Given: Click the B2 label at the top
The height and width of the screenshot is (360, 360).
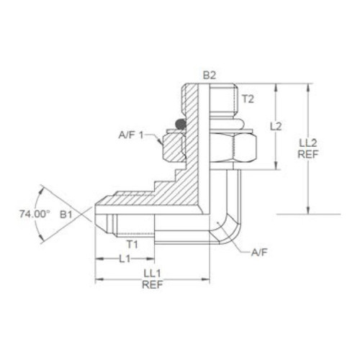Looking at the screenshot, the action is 210,75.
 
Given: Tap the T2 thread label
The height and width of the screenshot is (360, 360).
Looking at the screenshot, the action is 248,99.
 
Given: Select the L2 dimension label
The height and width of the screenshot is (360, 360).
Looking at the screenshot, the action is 276,127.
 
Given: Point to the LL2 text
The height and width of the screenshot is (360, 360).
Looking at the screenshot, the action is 308,143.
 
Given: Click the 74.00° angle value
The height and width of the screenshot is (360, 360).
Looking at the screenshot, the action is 35,214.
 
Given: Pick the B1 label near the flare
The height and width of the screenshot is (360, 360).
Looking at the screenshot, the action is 66,215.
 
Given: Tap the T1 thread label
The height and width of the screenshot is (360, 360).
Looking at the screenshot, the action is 132,245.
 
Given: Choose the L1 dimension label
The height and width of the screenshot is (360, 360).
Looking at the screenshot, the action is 125,259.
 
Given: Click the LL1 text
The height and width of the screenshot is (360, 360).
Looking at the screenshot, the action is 152,274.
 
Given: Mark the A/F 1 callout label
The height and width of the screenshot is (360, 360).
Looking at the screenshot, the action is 131,135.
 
